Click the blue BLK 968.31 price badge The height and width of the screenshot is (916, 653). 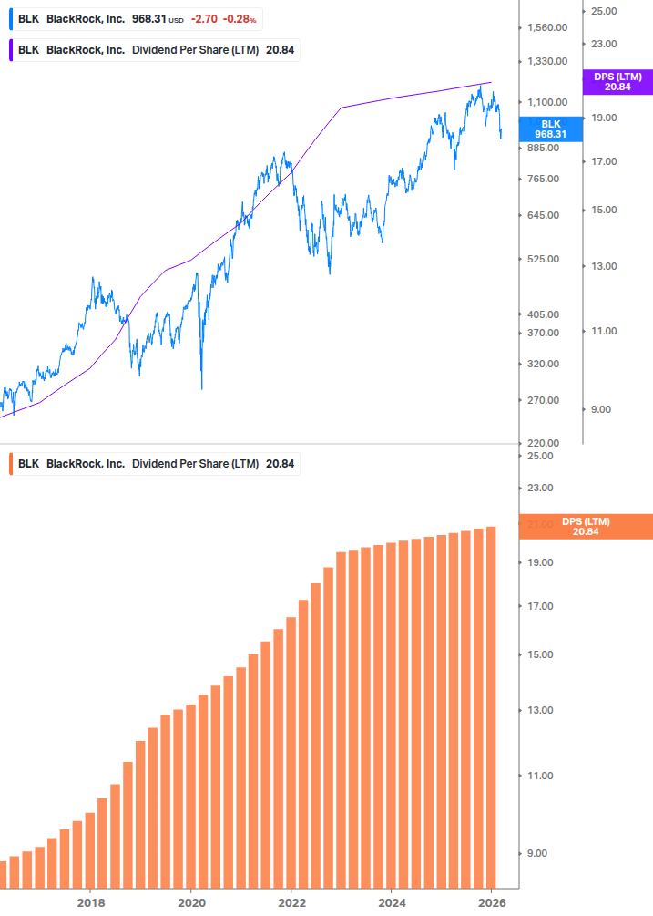550,129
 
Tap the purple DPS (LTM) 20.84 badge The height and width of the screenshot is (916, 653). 617,81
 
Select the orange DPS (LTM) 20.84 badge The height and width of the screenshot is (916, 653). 585,526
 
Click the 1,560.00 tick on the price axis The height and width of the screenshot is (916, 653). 547,28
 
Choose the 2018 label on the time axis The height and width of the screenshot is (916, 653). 90,902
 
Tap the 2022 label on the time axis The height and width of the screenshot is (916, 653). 291,902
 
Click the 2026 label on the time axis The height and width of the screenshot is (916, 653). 491,902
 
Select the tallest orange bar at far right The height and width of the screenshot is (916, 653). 491,706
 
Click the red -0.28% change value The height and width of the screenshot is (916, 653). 240,19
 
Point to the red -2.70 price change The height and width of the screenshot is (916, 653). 204,19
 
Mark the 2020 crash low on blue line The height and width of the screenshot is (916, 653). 201,388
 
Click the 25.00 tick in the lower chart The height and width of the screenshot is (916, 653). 540,456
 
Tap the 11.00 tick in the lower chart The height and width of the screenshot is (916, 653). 540,776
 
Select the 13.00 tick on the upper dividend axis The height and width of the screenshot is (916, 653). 604,266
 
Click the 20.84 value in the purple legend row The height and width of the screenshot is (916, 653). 280,50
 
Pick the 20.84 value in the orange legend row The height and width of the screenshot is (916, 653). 280,463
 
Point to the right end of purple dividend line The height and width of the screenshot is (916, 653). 491,83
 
